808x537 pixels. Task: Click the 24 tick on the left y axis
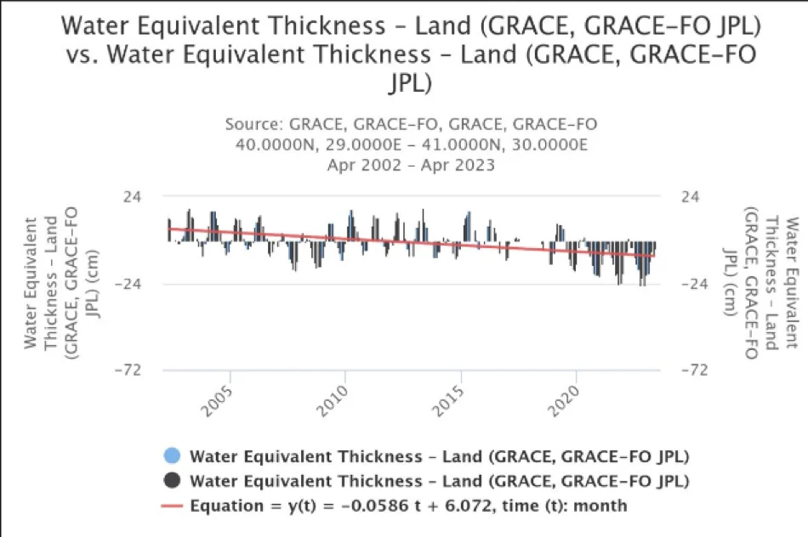coord(133,196)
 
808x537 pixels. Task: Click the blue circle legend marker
coord(173,456)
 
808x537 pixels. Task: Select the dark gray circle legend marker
coord(173,481)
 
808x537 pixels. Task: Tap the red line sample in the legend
coord(173,506)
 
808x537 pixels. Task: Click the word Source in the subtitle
coord(253,125)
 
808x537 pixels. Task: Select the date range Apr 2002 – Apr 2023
coord(411,164)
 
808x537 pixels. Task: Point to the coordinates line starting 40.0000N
coord(411,144)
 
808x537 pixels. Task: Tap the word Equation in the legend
coord(225,506)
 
